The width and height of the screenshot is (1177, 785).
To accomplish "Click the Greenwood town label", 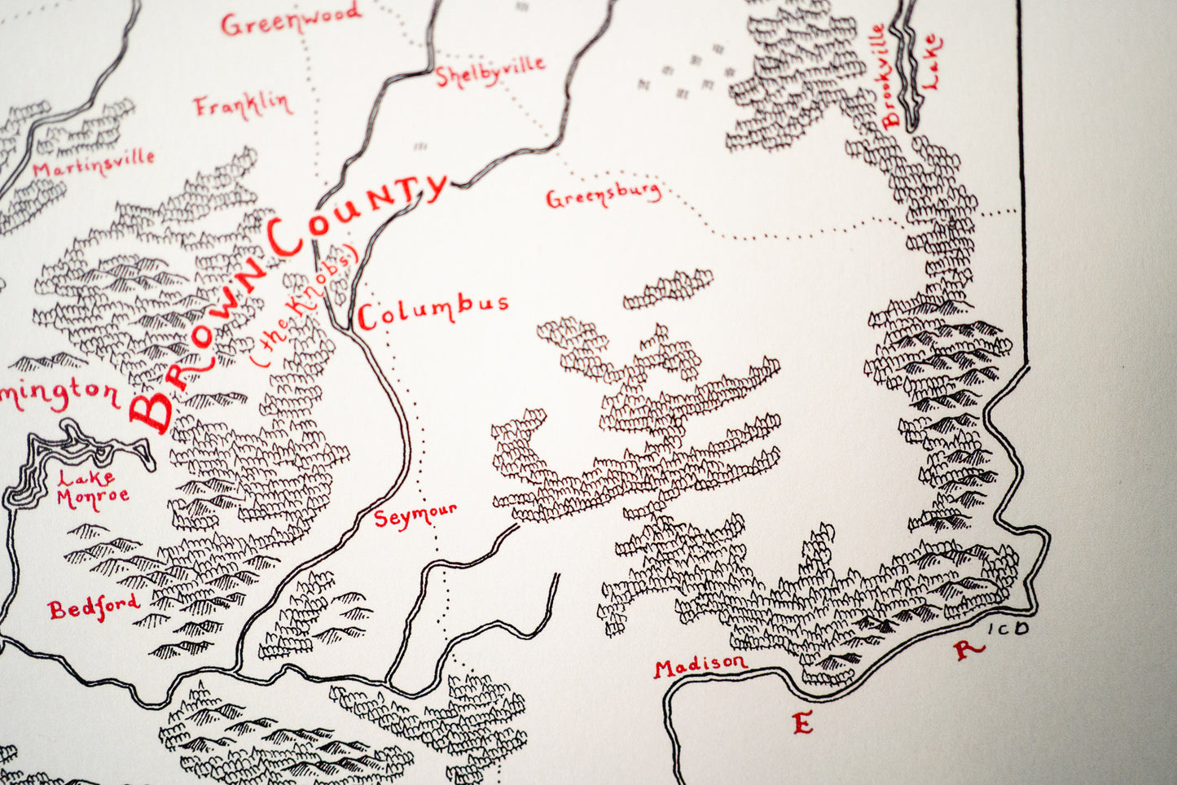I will click(x=290, y=19).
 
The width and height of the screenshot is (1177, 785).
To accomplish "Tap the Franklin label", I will click(x=241, y=105).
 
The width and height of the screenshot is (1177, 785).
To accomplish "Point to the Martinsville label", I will click(x=93, y=163).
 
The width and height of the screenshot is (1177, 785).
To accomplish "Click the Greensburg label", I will click(x=603, y=195).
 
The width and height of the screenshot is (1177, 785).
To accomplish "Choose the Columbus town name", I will click(x=433, y=310).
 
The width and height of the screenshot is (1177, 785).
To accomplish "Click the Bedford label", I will click(x=93, y=607).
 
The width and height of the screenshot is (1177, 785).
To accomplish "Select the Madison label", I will click(x=700, y=665).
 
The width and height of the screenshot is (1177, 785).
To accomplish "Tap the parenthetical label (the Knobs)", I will click(x=305, y=305).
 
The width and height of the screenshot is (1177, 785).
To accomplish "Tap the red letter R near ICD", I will click(x=966, y=649).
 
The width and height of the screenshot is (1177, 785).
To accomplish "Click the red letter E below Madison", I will click(x=802, y=722).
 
